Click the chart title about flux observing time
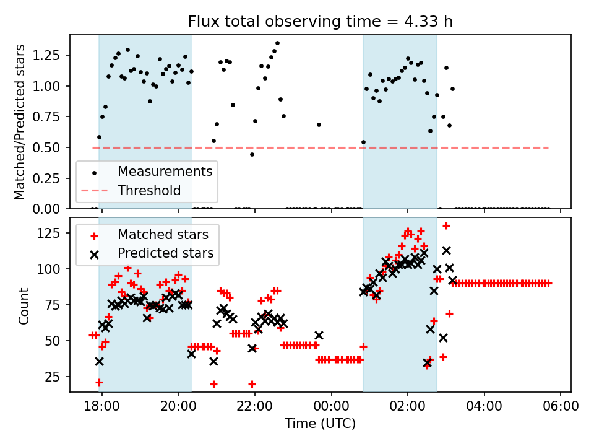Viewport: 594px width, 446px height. coord(321,22)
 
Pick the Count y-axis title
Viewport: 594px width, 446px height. coord(24,306)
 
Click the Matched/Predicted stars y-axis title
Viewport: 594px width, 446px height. coord(20,122)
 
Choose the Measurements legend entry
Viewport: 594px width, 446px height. coord(165,171)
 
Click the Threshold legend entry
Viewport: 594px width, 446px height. coord(149,190)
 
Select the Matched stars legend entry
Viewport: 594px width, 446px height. coord(163,235)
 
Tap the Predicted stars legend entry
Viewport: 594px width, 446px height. coord(165,253)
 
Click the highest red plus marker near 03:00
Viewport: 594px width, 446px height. coord(446,225)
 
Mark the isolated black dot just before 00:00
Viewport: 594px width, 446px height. coord(319,125)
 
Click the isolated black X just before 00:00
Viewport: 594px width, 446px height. coord(319,335)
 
